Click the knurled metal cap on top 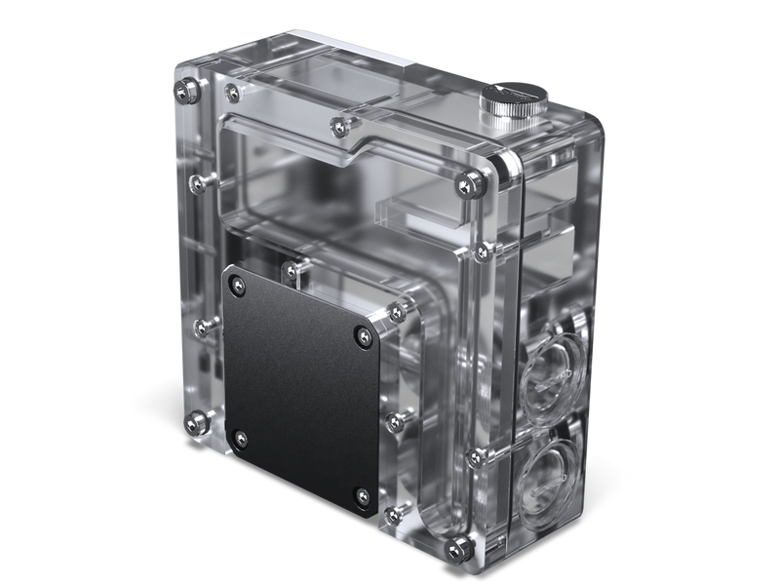(x=510, y=102)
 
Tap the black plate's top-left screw (x=235, y=284)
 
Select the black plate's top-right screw (x=363, y=333)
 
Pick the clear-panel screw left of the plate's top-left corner (x=198, y=323)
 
